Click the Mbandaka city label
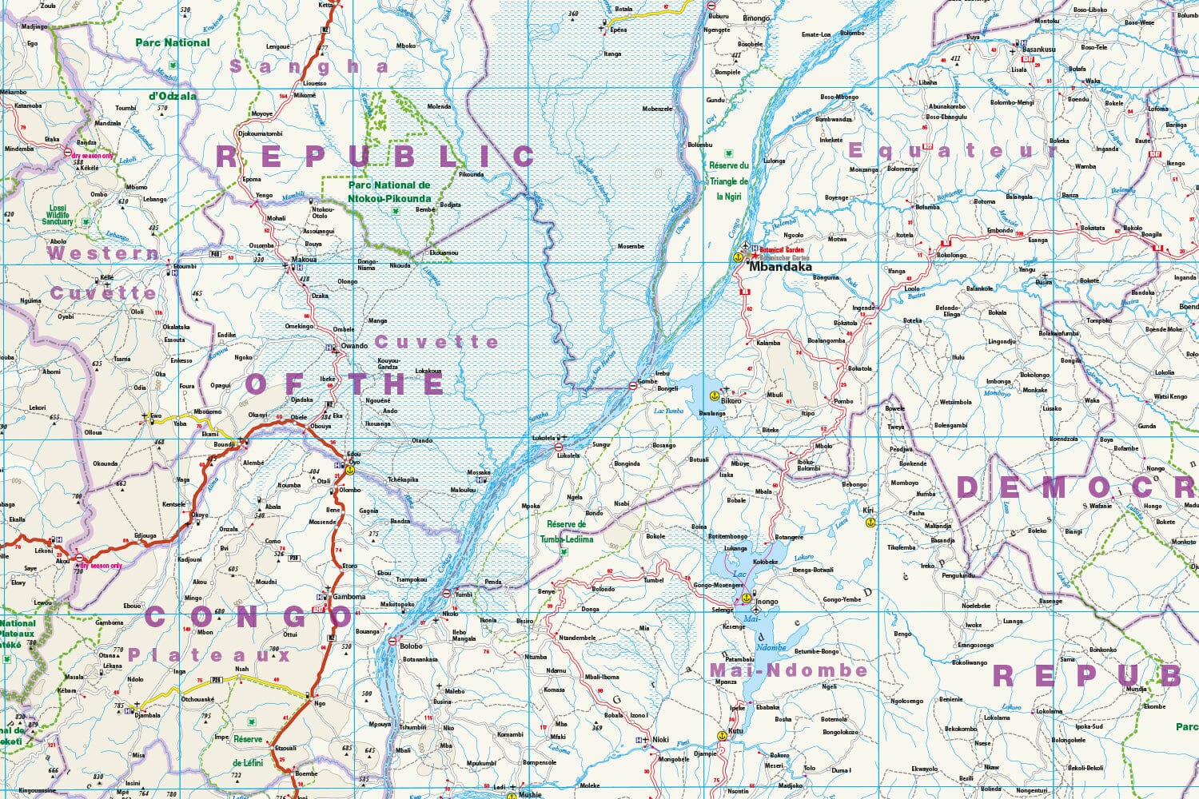tap(780, 268)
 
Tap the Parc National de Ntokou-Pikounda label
tap(389, 192)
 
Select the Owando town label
tap(354, 346)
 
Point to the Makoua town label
tap(304, 260)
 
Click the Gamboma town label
tap(349, 597)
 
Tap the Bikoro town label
tap(731, 401)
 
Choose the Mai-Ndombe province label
tap(788, 670)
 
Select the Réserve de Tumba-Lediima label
tap(566, 532)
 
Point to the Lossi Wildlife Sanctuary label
tap(58, 215)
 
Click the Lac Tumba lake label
tap(669, 411)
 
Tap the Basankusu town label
tap(1038, 50)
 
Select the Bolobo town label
tap(411, 646)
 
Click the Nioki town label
tap(660, 740)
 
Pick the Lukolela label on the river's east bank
tap(569, 455)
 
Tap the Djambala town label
tap(147, 716)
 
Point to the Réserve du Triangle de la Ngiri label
tap(729, 181)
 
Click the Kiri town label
tap(868, 510)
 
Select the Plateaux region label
tap(210, 655)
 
